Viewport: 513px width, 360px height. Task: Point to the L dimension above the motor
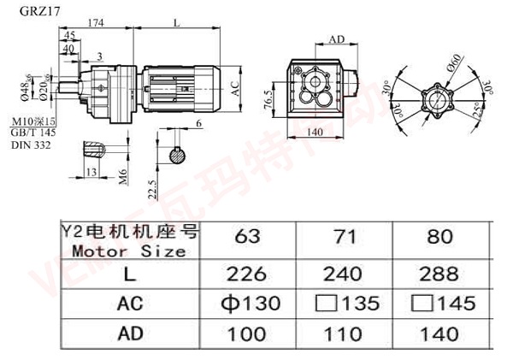[x=175, y=25]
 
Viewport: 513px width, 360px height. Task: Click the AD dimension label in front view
[x=336, y=39]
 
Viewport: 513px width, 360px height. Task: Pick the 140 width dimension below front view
[x=317, y=132]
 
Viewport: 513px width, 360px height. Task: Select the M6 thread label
[x=124, y=177]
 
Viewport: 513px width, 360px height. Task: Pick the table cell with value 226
[x=250, y=275]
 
